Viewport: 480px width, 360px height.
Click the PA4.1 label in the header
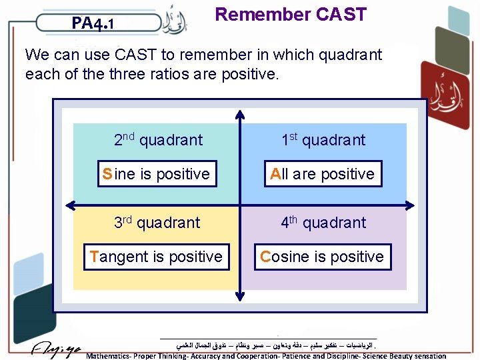[x=93, y=25]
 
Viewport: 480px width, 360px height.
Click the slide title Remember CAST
[x=291, y=15]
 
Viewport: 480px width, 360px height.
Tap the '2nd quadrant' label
[x=158, y=139]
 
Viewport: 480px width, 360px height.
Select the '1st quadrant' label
[x=323, y=139]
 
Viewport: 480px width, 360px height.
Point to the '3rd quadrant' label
[x=156, y=222]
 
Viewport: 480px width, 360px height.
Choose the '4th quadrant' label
[x=323, y=222]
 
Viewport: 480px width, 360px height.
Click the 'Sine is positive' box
[x=156, y=174]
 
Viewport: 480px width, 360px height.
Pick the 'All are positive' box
[x=323, y=174]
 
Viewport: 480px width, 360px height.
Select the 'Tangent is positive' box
[x=156, y=257]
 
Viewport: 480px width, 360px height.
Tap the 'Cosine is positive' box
[x=323, y=257]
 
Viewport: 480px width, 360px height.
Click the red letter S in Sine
[x=107, y=174]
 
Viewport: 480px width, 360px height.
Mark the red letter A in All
[x=275, y=174]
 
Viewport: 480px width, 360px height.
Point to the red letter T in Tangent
[x=93, y=257]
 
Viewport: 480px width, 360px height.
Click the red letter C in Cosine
[x=265, y=257]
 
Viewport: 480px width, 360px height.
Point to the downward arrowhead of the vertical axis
[x=239, y=295]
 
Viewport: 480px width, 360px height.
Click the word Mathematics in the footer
[x=111, y=356]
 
